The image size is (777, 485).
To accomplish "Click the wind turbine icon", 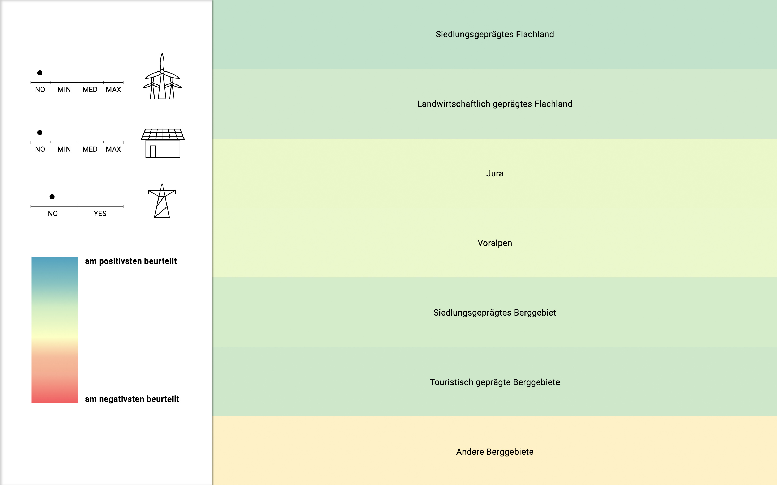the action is click(162, 76).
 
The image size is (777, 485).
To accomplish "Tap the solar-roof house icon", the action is click(163, 143).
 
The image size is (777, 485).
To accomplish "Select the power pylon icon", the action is click(162, 201).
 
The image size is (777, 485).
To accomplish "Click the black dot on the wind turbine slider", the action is click(40, 73).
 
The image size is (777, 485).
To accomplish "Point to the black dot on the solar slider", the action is click(40, 133).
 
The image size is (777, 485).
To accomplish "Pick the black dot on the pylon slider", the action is click(52, 197).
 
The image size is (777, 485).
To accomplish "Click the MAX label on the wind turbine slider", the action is click(113, 90).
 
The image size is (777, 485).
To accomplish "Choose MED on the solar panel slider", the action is click(90, 150).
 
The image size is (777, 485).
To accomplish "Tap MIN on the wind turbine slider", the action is click(64, 90).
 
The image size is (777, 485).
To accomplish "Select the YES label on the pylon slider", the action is click(100, 214).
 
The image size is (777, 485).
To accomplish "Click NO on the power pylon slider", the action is click(53, 214).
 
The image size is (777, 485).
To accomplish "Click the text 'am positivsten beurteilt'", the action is click(131, 261).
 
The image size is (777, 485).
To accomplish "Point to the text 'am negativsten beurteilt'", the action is click(132, 399).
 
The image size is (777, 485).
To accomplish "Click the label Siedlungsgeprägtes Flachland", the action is click(495, 35).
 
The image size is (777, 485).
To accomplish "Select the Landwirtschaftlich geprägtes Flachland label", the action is click(495, 104).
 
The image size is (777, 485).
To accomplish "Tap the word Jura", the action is click(495, 173).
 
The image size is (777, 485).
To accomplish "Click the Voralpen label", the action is click(495, 243).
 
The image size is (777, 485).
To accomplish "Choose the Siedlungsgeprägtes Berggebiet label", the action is click(495, 313).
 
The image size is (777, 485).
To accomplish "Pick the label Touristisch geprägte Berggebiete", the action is click(495, 382).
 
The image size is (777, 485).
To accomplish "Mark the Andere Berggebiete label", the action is click(495, 452).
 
